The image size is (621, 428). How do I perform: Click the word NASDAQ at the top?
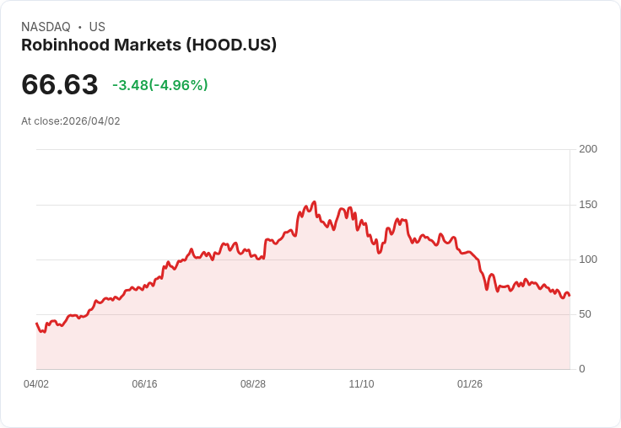[46, 27]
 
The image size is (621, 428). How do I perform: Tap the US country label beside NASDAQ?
[97, 27]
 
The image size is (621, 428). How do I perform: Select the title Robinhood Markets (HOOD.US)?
[148, 45]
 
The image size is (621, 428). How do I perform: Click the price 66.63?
[60, 84]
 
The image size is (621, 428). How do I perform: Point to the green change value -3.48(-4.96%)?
[160, 85]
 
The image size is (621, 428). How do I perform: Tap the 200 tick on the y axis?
[588, 149]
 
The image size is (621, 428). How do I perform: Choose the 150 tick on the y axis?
[588, 205]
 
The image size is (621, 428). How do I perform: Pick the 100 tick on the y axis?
[588, 259]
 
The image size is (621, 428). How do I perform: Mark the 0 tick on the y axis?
[582, 369]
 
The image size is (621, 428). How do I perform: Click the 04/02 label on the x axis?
[36, 384]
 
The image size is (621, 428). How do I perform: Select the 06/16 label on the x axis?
[144, 384]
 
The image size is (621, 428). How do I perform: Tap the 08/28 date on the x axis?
[253, 384]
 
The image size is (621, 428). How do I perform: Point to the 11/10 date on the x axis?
[361, 384]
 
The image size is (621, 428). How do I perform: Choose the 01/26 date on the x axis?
[470, 384]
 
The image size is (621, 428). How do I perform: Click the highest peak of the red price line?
[314, 202]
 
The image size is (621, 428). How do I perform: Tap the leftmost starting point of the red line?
[36, 324]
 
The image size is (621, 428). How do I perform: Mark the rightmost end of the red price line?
[570, 296]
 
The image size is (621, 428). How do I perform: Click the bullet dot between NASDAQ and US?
[80, 28]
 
